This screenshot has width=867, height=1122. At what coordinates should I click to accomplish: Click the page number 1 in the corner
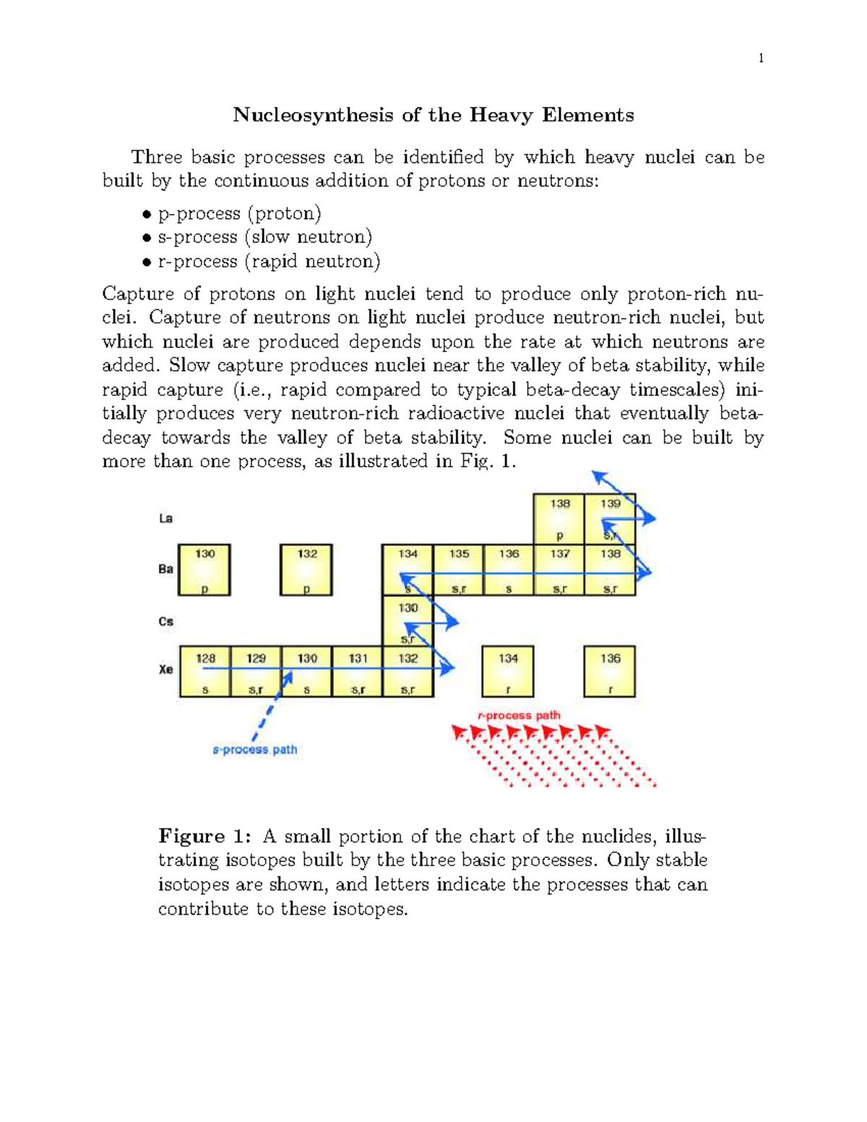click(x=761, y=59)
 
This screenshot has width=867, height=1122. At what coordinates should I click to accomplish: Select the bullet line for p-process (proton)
click(x=239, y=213)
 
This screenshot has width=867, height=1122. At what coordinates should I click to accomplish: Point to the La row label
click(x=165, y=518)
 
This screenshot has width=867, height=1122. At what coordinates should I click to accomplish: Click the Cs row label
click(x=165, y=621)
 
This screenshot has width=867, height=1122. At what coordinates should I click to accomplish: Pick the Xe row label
click(x=165, y=670)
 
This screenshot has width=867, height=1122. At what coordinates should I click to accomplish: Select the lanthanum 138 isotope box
click(x=559, y=519)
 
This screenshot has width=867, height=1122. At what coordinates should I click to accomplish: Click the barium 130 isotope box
click(x=204, y=570)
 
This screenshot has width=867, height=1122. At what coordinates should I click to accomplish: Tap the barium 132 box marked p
click(x=306, y=570)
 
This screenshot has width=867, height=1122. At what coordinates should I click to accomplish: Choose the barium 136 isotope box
click(x=509, y=570)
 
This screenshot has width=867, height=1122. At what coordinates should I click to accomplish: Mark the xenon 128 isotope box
click(x=205, y=672)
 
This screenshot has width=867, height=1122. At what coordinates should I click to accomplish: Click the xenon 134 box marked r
click(x=508, y=672)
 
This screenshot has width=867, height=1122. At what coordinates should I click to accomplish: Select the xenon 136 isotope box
click(x=610, y=672)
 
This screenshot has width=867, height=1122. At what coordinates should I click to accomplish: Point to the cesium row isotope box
click(x=407, y=621)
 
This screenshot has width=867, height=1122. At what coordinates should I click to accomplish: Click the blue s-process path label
click(x=254, y=750)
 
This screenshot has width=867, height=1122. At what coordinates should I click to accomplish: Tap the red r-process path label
click(x=519, y=715)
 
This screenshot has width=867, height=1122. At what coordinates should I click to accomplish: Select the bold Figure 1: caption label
click(x=204, y=837)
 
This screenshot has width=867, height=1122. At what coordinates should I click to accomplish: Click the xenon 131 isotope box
click(x=358, y=672)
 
